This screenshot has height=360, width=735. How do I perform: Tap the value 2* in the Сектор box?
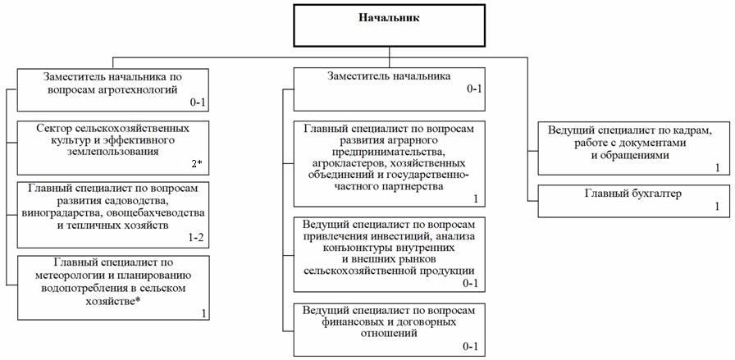tap(196, 164)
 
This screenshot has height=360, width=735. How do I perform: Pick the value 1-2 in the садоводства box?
tap(195, 236)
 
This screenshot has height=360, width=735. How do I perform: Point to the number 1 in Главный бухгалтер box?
tap(716, 208)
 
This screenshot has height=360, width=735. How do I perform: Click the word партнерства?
tap(404, 186)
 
